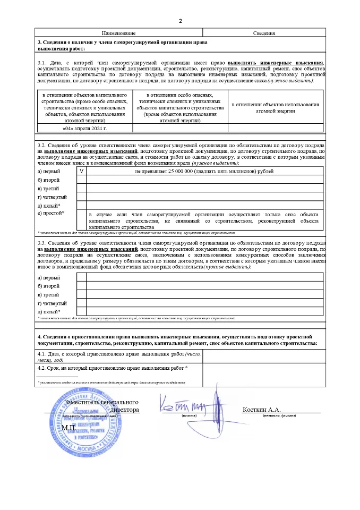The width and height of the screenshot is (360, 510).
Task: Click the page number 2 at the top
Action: (x=180, y=21)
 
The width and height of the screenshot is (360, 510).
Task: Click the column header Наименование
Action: (x=119, y=33)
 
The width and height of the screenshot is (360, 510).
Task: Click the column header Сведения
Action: (x=263, y=33)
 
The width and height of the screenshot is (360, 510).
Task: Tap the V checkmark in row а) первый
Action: (x=81, y=171)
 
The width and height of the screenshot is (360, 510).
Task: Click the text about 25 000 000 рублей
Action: (x=204, y=171)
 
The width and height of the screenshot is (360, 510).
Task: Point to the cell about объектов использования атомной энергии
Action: (x=275, y=108)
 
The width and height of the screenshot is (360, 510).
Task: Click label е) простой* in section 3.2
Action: (x=52, y=213)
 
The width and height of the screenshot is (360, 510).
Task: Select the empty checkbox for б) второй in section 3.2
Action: (x=81, y=180)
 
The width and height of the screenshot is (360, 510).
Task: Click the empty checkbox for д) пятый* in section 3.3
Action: (x=81, y=311)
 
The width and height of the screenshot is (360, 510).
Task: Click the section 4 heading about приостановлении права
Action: (x=179, y=340)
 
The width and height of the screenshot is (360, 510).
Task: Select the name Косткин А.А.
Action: (x=261, y=410)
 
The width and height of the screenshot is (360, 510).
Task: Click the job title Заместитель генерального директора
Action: (x=101, y=406)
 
